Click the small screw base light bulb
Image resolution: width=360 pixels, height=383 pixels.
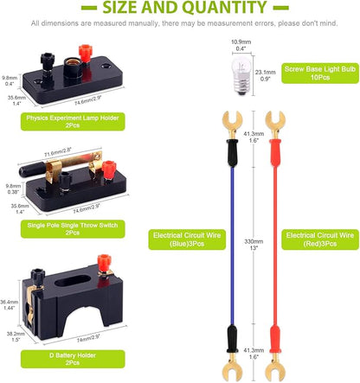click(x=241, y=74)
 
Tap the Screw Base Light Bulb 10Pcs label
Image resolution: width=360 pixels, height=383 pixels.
click(x=320, y=73)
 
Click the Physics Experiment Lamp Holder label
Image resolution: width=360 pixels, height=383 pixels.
click(x=73, y=121)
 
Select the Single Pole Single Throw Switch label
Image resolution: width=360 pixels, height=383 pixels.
click(x=73, y=229)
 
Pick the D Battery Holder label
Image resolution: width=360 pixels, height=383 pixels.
click(x=73, y=359)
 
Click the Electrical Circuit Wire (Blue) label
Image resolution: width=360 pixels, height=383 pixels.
click(x=187, y=239)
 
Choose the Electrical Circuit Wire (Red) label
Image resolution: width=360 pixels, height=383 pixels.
click(x=320, y=239)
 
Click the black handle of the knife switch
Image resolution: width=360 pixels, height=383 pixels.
click(x=32, y=170)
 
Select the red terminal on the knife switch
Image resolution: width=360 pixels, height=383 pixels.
click(x=109, y=170)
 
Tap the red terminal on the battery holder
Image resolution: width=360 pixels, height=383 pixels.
click(x=104, y=264)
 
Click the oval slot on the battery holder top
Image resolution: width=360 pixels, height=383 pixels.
click(x=72, y=280)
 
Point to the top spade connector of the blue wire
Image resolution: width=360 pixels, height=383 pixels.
click(x=232, y=124)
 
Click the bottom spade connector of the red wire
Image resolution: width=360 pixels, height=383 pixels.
click(x=275, y=368)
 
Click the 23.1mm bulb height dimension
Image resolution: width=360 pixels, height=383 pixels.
click(x=266, y=75)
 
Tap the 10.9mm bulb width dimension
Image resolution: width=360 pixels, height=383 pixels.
click(x=241, y=45)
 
